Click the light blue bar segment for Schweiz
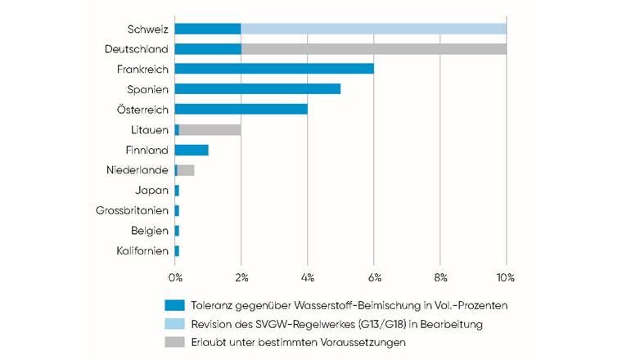373,29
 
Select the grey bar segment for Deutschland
373,49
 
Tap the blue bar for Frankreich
274,69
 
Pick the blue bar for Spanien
258,89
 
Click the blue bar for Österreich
241,109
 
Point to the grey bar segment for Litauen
210,129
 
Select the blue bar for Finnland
192,150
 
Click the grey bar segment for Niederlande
186,170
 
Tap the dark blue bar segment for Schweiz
208,29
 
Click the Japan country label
151,190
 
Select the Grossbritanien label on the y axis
132,210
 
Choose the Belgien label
149,231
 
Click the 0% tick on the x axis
175,277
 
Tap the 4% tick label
308,277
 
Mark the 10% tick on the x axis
506,277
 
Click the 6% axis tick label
374,277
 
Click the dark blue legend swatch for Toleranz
175,305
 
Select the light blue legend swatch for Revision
175,324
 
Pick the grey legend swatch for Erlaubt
175,343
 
